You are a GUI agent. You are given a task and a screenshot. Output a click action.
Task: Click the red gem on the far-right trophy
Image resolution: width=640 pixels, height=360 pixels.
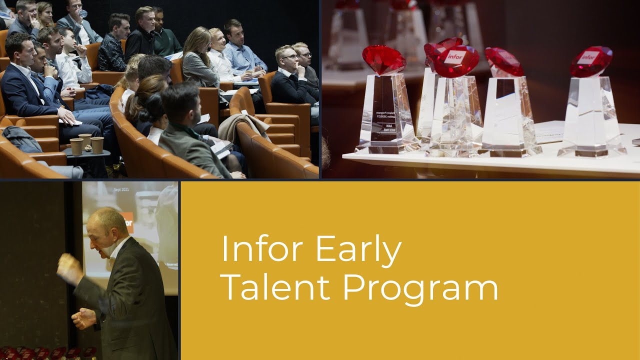tap(591, 61)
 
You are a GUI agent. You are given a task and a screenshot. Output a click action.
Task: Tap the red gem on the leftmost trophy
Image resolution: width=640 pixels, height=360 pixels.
tap(384, 59)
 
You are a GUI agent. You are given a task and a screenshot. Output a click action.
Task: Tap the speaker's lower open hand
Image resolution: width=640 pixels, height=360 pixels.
tap(84, 318)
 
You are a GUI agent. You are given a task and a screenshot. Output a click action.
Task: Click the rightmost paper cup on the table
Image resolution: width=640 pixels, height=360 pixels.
tap(97, 145)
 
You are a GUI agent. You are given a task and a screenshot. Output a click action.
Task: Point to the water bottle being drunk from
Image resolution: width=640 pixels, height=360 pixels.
tap(83, 13)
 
